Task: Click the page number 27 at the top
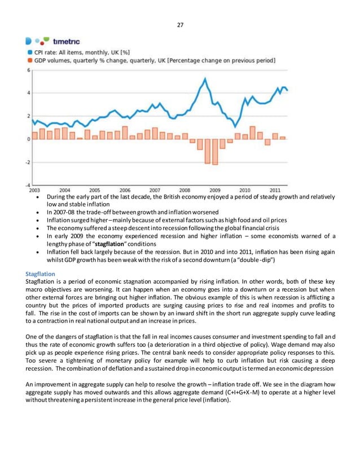tap(179, 24)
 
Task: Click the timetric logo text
tap(66, 41)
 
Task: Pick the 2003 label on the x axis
tap(34, 191)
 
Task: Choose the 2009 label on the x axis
tap(214, 191)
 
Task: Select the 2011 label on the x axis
tap(275, 191)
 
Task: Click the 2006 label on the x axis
tap(125, 191)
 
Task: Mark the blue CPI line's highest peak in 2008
tap(205, 78)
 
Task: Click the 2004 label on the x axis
tap(65, 191)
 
